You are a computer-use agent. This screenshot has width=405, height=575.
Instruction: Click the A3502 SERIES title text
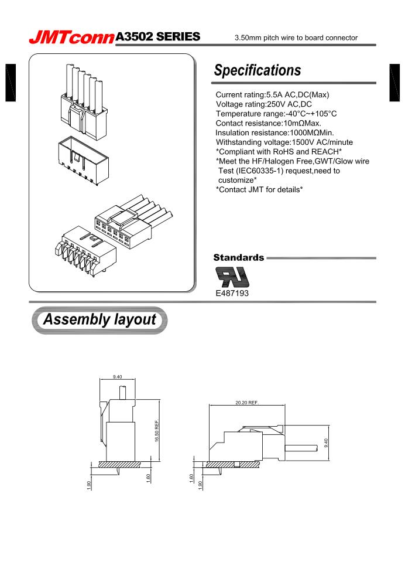click(159, 37)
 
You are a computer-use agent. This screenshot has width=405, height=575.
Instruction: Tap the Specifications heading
click(258, 71)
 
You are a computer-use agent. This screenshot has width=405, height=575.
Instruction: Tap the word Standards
click(238, 257)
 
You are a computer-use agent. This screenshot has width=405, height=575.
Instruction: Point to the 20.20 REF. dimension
click(246, 403)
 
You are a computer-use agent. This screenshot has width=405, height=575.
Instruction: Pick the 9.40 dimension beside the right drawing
click(326, 443)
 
